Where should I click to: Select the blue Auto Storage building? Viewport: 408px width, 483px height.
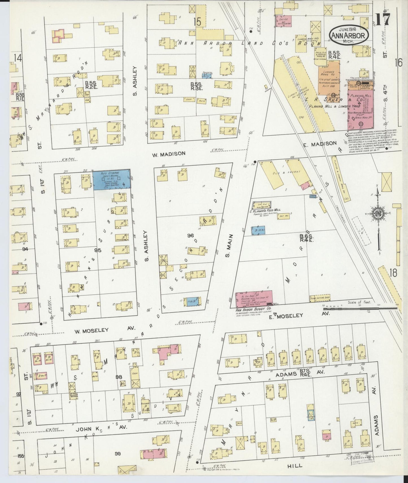tap(112, 180)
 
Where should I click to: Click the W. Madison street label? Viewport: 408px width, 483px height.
tap(169, 154)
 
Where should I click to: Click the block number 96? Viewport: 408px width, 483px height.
tap(190, 235)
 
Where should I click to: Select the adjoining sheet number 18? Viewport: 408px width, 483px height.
tap(393, 273)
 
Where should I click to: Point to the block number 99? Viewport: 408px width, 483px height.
tap(118, 454)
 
